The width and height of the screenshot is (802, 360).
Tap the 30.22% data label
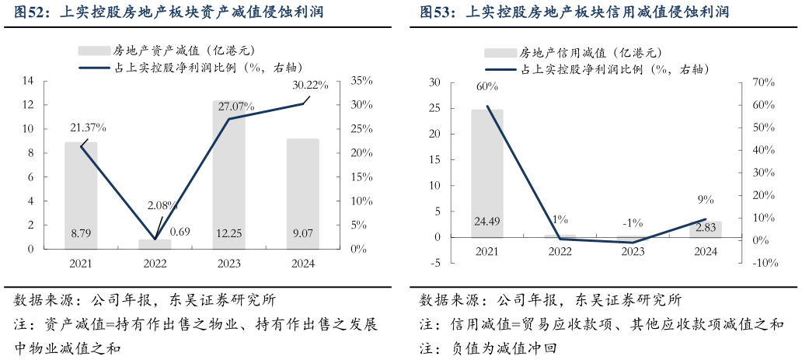pyautogui.click(x=310, y=85)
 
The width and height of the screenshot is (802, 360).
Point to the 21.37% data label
pyautogui.click(x=88, y=128)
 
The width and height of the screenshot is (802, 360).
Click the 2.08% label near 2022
pyautogui.click(x=162, y=206)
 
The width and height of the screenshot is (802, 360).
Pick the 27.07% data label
pyautogui.click(x=236, y=106)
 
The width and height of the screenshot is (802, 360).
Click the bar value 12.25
pyautogui.click(x=228, y=232)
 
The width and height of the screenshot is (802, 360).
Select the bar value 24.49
pyautogui.click(x=486, y=222)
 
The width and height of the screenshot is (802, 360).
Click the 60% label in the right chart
pyautogui.click(x=487, y=86)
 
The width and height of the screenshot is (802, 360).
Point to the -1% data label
pyautogui.click(x=633, y=223)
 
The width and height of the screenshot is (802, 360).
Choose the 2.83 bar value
pyautogui.click(x=706, y=228)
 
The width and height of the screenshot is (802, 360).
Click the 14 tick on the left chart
pyautogui.click(x=28, y=81)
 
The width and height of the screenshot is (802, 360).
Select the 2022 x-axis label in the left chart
pyautogui.click(x=155, y=264)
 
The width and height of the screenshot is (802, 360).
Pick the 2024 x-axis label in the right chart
pyautogui.click(x=705, y=251)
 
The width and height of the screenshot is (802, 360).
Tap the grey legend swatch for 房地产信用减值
pyautogui.click(x=500, y=53)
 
